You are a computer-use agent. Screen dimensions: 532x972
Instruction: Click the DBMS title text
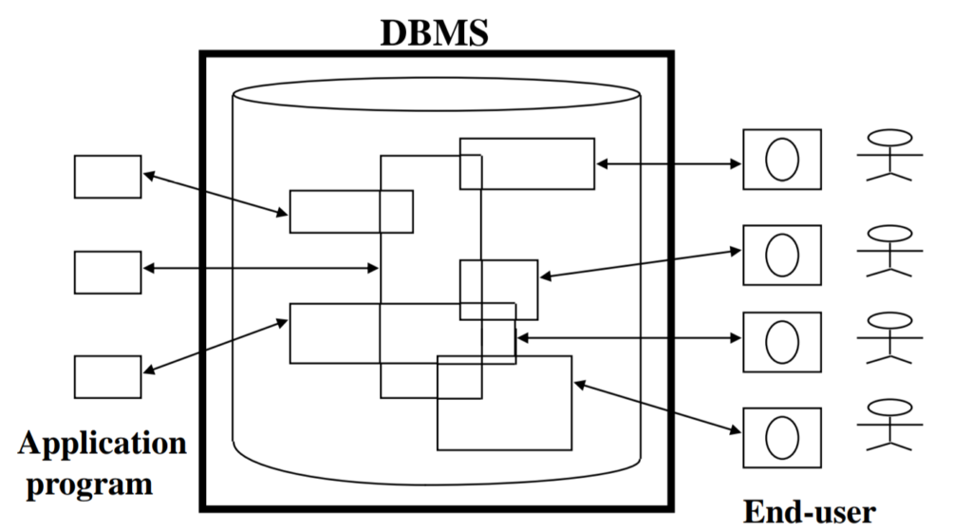pyautogui.click(x=435, y=30)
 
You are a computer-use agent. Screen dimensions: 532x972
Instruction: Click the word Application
pyautogui.click(x=102, y=444)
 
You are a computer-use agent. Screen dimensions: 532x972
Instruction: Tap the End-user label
pyautogui.click(x=809, y=512)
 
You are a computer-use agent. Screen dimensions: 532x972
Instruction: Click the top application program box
pyautogui.click(x=107, y=177)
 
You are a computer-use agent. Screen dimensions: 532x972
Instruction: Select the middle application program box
pyautogui.click(x=107, y=272)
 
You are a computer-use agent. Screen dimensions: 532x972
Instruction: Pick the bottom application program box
pyautogui.click(x=107, y=376)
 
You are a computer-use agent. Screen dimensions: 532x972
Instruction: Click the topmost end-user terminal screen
pyautogui.click(x=781, y=160)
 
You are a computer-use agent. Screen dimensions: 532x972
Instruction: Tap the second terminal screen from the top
pyautogui.click(x=781, y=255)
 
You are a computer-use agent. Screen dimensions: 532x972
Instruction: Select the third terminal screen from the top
pyautogui.click(x=781, y=341)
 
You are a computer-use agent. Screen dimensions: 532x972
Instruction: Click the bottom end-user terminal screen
pyautogui.click(x=781, y=436)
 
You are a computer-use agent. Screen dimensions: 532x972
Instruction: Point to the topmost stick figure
pyautogui.click(x=889, y=155)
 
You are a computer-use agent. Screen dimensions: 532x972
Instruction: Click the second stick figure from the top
pyautogui.click(x=889, y=250)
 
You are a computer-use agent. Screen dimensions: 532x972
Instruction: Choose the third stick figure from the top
pyautogui.click(x=889, y=337)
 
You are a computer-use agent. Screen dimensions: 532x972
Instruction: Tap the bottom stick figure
pyautogui.click(x=889, y=424)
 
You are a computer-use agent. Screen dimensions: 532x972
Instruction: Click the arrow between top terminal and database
pyautogui.click(x=668, y=164)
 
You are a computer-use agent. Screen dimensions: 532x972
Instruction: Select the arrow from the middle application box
pyautogui.click(x=260, y=269)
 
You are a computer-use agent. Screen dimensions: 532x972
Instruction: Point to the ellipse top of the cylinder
pyautogui.click(x=436, y=94)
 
